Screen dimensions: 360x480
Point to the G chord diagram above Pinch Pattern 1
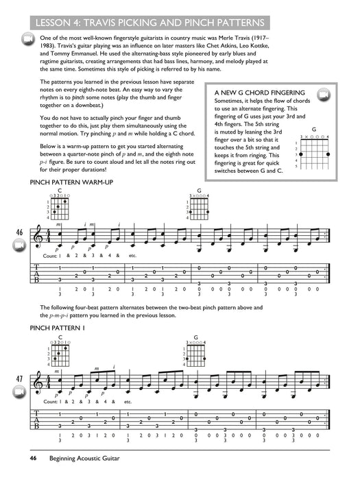click(198, 352)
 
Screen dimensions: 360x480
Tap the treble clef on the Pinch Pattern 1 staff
click(47, 379)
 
